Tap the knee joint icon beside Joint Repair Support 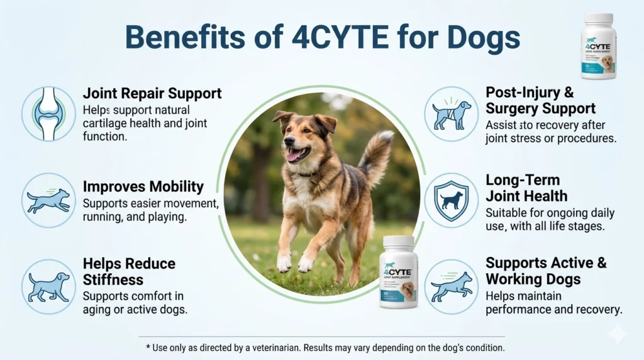click(x=48, y=113)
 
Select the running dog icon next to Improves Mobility click(x=48, y=200)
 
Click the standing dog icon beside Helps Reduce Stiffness click(x=48, y=286)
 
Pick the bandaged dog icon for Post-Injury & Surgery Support click(x=451, y=114)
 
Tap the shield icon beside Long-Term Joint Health click(x=451, y=200)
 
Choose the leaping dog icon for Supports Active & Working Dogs click(x=451, y=286)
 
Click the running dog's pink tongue click(x=294, y=154)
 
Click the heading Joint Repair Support click(x=152, y=94)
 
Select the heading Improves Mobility click(x=143, y=187)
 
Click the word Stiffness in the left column click(x=114, y=279)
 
